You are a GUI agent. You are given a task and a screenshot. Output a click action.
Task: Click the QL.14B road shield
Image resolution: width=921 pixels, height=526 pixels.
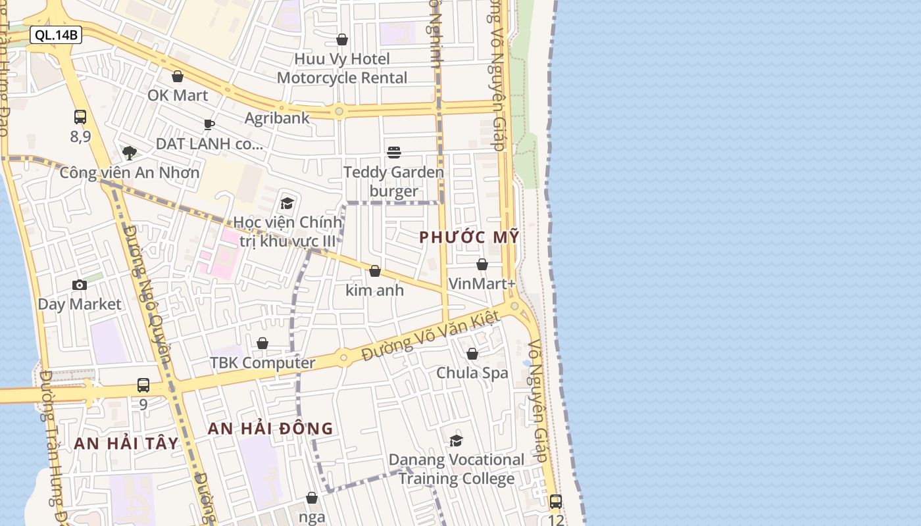pyautogui.click(x=56, y=35)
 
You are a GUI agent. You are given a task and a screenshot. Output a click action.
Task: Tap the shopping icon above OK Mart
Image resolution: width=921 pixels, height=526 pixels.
pyautogui.click(x=177, y=77)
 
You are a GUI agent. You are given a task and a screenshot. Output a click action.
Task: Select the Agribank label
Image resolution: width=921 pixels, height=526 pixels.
pyautogui.click(x=277, y=118)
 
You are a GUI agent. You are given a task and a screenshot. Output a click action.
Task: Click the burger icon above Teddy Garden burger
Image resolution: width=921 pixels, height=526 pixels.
pyautogui.click(x=394, y=153)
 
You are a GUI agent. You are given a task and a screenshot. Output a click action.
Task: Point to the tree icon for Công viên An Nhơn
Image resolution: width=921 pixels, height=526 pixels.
pyautogui.click(x=130, y=153)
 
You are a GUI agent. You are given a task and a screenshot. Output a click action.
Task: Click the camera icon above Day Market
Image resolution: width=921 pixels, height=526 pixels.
pyautogui.click(x=80, y=285)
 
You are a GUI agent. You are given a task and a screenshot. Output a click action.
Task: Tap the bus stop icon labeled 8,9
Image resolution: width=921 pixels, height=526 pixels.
pyautogui.click(x=80, y=117)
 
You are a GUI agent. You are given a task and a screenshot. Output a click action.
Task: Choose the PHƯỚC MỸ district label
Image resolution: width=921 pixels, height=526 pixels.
pyautogui.click(x=470, y=237)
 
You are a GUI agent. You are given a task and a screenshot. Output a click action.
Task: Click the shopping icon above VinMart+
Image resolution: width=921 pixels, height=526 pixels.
pyautogui.click(x=482, y=264)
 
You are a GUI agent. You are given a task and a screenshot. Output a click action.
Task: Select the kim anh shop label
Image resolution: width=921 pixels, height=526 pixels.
pyautogui.click(x=374, y=290)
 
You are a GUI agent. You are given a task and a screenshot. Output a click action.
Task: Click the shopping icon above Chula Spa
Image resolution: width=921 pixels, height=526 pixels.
pyautogui.click(x=472, y=354)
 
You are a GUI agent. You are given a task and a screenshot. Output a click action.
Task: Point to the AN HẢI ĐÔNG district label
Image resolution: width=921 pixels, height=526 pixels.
pyautogui.click(x=270, y=429)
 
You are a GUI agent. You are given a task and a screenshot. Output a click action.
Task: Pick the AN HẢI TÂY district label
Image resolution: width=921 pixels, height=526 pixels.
pyautogui.click(x=126, y=443)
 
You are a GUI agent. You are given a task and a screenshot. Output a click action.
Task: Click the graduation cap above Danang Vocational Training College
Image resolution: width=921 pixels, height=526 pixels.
pyautogui.click(x=456, y=441)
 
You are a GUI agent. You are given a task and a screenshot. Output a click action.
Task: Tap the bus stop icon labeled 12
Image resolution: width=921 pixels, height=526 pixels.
pyautogui.click(x=556, y=501)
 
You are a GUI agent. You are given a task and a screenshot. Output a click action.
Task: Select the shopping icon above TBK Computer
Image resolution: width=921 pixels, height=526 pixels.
pyautogui.click(x=262, y=343)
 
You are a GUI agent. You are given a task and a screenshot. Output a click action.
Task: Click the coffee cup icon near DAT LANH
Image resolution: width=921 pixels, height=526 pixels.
pyautogui.click(x=209, y=124)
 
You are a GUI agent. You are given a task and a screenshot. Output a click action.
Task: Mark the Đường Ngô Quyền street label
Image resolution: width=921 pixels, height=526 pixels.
pyautogui.click(x=149, y=296)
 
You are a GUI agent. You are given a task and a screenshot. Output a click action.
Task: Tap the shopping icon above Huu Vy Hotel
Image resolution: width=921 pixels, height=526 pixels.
pyautogui.click(x=342, y=40)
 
